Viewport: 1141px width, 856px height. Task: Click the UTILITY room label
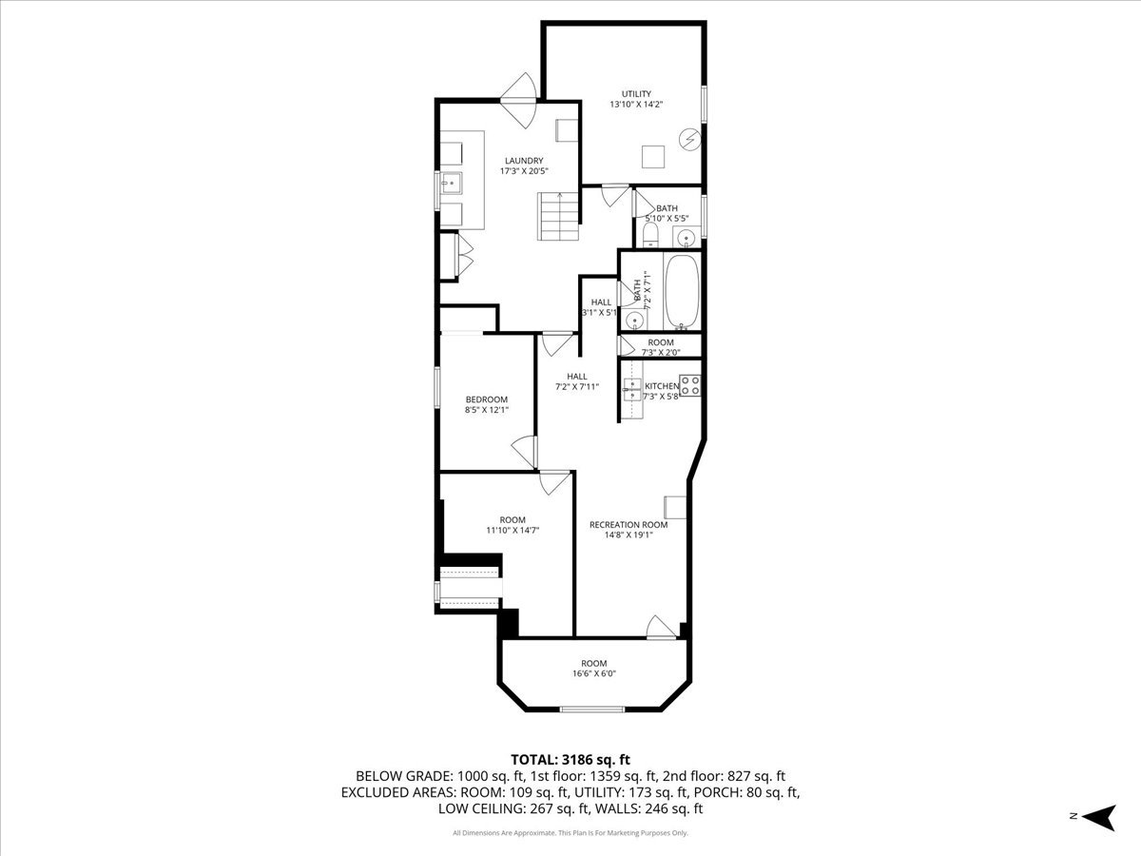pos(636,94)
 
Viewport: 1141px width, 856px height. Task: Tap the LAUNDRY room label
pos(524,161)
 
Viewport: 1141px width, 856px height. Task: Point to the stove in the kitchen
pos(690,386)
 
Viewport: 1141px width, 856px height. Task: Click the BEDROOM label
pos(486,399)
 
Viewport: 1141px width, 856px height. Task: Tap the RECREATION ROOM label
pos(628,525)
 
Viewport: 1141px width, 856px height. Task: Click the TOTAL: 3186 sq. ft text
pos(570,759)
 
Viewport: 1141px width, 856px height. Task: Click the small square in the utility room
pos(651,155)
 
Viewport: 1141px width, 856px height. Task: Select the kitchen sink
pos(630,386)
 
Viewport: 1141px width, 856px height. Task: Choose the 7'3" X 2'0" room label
pos(660,348)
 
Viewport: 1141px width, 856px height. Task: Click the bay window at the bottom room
pos(591,709)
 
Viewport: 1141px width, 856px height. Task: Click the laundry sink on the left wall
pos(449,183)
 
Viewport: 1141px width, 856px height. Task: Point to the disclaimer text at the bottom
pos(570,833)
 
